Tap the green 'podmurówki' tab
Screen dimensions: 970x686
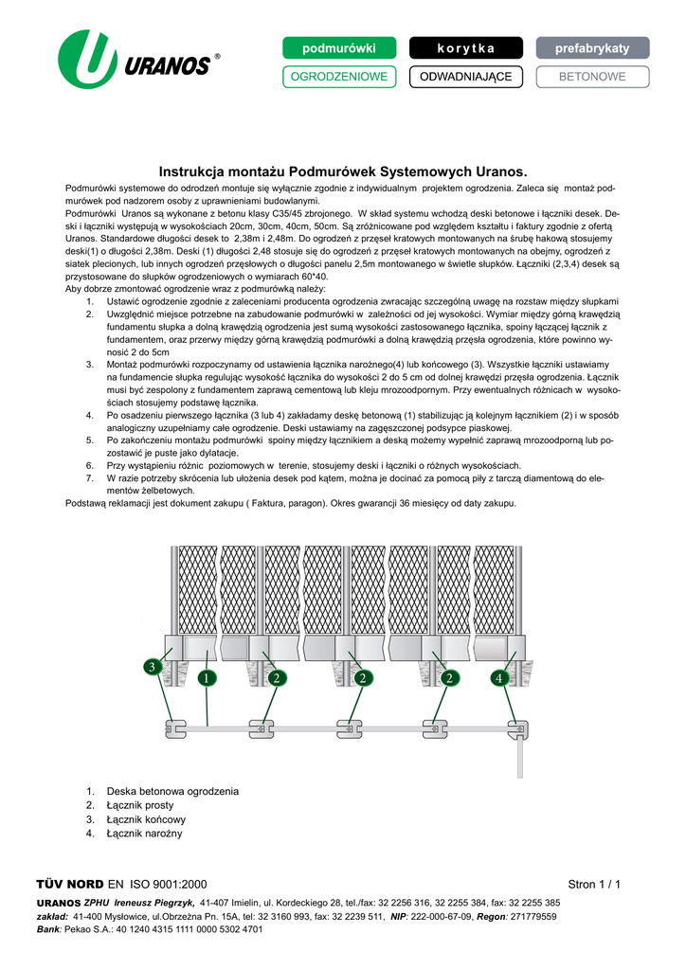338,47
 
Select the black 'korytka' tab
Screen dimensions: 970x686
465,47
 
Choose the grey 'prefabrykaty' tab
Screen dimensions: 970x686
592,47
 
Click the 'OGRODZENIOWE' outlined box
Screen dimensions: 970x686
338,77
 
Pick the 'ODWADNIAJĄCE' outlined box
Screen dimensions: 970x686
465,77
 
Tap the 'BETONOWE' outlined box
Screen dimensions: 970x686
592,77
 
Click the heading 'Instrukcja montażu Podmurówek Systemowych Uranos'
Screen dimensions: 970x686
342,172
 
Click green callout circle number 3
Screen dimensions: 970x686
152,668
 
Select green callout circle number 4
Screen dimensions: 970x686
499,677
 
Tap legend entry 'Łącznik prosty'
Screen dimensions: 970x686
140,805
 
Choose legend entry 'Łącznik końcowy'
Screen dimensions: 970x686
146,819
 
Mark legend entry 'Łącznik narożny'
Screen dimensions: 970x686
144,834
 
